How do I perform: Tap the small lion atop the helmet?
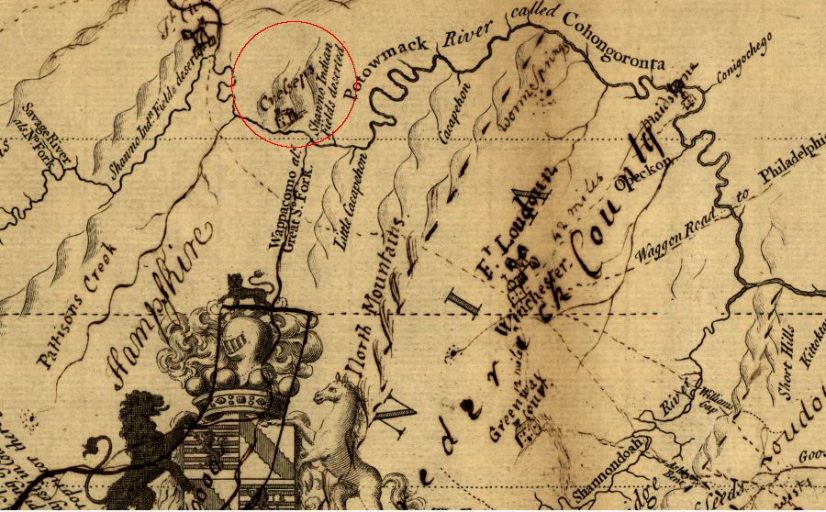pos(242,288)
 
